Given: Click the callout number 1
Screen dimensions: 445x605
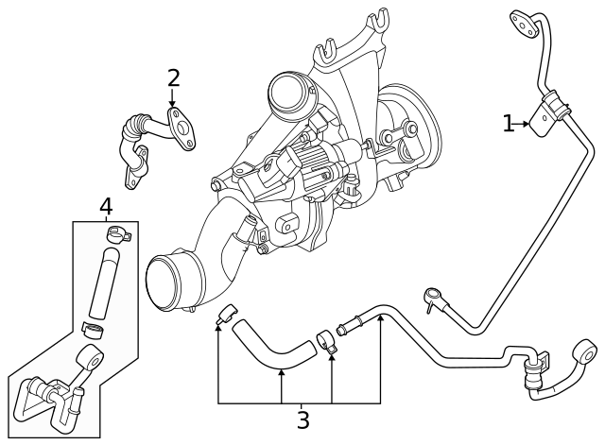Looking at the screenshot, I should click(x=509, y=124).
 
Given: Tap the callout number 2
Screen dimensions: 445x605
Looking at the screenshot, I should click(x=173, y=78).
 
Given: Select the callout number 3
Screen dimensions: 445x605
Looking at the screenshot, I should click(x=302, y=420).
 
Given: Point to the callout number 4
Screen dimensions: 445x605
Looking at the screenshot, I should click(x=106, y=206).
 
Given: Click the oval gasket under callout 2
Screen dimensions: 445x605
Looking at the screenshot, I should click(x=181, y=129).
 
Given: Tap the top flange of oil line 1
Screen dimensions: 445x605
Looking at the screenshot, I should click(x=524, y=24).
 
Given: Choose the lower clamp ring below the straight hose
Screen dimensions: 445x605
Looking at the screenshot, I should click(x=93, y=330).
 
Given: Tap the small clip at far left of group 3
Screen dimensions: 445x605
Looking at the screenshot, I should click(x=225, y=316).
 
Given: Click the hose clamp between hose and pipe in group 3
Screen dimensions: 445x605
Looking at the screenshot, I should click(x=326, y=341).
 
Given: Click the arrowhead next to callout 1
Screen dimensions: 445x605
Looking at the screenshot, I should click(x=526, y=124).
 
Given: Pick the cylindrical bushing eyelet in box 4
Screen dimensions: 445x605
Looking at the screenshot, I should click(x=92, y=359).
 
